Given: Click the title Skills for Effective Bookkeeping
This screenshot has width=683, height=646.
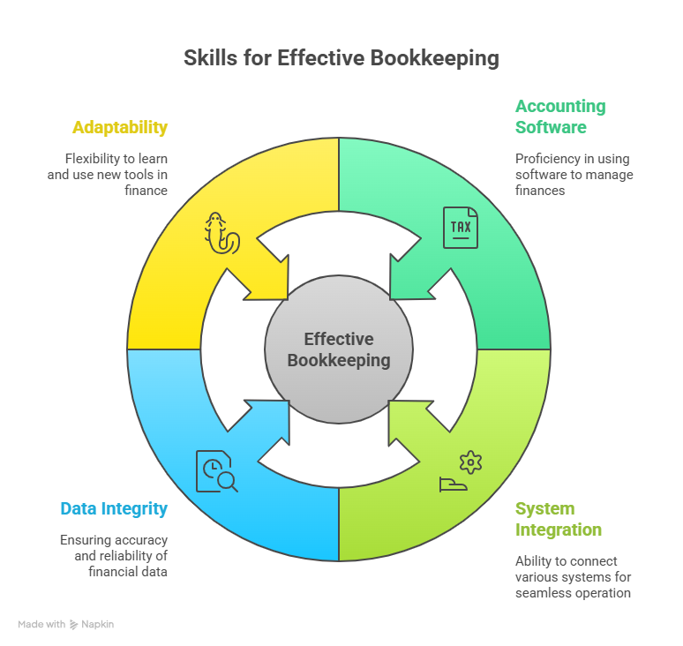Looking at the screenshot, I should click(341, 58).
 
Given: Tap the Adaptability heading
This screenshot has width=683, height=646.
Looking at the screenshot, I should click(120, 127).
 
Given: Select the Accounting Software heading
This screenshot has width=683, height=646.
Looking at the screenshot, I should click(559, 116).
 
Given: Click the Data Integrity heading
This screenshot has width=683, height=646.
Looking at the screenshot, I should click(114, 509).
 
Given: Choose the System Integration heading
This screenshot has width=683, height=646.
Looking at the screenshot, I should click(558, 520).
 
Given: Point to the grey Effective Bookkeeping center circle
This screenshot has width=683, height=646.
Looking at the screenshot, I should click(339, 349).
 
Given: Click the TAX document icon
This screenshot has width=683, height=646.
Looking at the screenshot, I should click(461, 228).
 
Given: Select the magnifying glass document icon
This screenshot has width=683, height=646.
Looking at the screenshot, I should click(216, 471).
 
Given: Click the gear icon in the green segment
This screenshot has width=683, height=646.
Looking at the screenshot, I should click(471, 462).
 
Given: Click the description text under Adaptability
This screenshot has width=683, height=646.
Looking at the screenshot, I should click(108, 174).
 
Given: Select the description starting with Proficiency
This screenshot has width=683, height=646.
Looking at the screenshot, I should click(574, 174).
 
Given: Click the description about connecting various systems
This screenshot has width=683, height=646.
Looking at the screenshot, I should click(573, 576).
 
